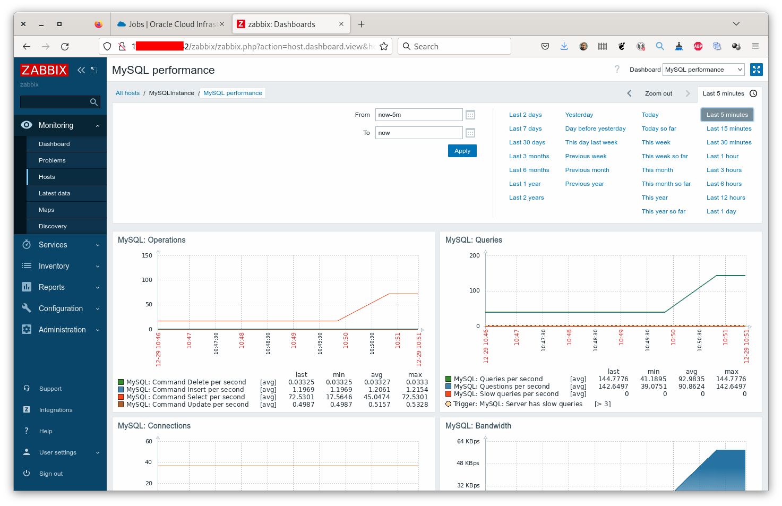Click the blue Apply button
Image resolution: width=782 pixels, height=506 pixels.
(x=462, y=151)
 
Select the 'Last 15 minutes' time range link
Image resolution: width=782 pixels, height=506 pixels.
(x=728, y=128)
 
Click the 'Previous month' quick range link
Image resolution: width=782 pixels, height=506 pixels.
(x=587, y=170)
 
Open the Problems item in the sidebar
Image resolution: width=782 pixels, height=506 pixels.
(x=52, y=160)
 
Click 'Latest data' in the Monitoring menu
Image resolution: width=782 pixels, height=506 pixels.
(x=54, y=193)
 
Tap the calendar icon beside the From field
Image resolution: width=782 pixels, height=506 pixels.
(x=470, y=115)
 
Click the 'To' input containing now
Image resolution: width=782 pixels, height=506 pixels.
(x=418, y=133)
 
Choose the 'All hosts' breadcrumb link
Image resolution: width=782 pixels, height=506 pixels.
(x=127, y=93)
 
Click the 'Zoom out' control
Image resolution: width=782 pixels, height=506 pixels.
(x=658, y=93)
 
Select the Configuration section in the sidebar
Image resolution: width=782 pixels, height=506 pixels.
(x=61, y=308)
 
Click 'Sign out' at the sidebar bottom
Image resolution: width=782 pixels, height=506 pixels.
(x=50, y=474)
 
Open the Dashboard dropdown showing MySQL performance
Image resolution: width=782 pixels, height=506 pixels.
(x=703, y=70)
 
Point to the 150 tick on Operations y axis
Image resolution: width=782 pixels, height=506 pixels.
(x=147, y=255)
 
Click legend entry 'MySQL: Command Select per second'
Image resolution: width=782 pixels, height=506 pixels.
(x=185, y=397)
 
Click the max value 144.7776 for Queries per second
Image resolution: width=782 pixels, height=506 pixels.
(x=731, y=379)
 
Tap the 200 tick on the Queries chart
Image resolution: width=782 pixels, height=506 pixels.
(x=474, y=255)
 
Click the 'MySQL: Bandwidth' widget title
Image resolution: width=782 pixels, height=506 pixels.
(x=478, y=426)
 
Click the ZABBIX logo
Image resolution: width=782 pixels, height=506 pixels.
(x=44, y=70)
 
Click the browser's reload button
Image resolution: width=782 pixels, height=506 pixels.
(x=65, y=47)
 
